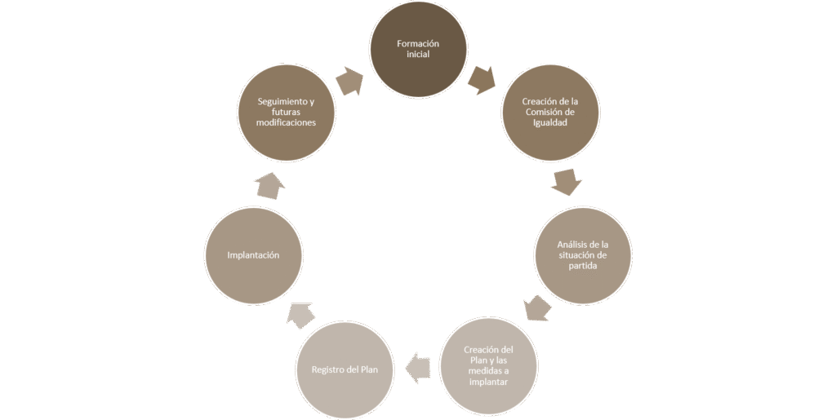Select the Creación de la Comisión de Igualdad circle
549,112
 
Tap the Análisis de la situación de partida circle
582,255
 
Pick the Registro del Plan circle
345,369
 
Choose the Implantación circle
254,255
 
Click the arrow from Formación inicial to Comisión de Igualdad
482,79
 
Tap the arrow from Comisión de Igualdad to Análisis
566,182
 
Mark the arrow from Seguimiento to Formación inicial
350,81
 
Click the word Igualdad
549,122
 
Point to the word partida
582,266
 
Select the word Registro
330,369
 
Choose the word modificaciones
286,122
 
